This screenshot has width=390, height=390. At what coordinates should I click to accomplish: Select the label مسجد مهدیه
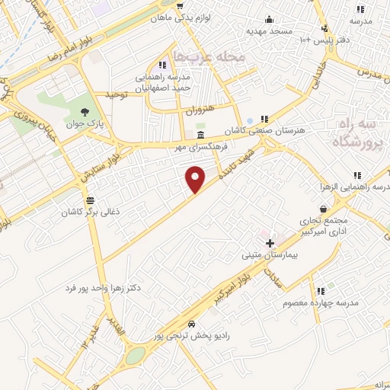tap(269, 31)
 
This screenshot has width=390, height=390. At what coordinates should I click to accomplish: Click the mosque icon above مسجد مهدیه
tap(268, 20)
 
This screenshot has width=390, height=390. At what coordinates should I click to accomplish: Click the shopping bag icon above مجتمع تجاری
tap(324, 208)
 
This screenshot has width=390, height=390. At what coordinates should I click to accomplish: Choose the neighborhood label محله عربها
tap(209, 57)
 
